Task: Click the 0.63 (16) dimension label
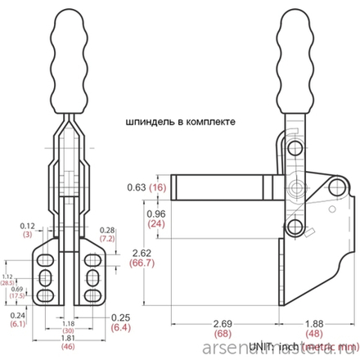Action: [148, 187]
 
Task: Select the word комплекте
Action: [209, 122]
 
